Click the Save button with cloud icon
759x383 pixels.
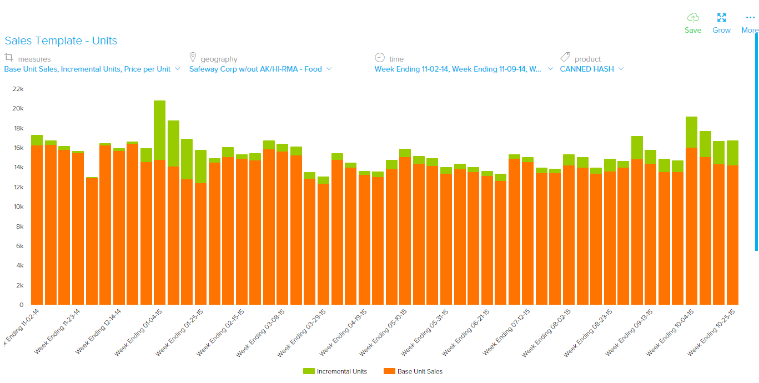pos(693,23)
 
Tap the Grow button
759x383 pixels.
pos(721,23)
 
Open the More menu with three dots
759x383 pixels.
pos(750,23)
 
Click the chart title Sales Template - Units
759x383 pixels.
pos(61,41)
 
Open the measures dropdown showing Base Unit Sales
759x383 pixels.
pos(92,69)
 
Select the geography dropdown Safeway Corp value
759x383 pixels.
pos(260,69)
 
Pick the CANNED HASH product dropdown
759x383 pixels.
pos(592,69)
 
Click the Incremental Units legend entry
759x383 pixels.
pos(335,371)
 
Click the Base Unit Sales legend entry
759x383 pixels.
pos(413,371)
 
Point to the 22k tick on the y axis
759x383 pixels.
pos(18,89)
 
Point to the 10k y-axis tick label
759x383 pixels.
pos(18,206)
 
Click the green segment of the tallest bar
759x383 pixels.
pos(159,130)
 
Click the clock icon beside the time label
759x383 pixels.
pos(380,57)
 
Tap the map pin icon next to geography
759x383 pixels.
pos(193,57)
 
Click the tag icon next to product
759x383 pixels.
pos(565,57)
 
